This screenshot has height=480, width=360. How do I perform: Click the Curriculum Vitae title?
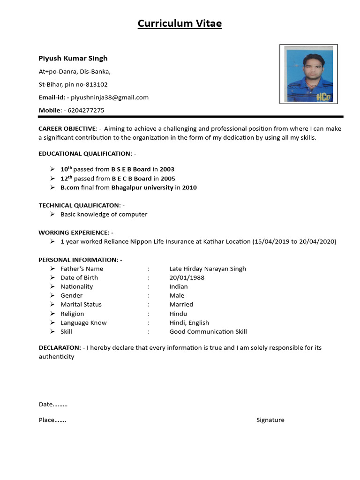[x=180, y=23]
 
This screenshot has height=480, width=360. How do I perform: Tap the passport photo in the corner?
[x=308, y=74]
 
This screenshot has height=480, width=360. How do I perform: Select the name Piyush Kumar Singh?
[x=73, y=58]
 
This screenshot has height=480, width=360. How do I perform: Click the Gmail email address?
[x=109, y=97]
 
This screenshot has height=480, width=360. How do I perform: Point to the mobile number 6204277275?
[x=86, y=111]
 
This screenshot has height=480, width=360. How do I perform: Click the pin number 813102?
[x=97, y=85]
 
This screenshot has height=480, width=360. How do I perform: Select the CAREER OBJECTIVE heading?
[x=67, y=128]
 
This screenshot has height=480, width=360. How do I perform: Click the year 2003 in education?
[x=167, y=169]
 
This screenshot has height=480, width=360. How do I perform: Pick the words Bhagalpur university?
[x=142, y=187]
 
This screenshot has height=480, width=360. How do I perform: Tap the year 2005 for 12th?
[x=168, y=179]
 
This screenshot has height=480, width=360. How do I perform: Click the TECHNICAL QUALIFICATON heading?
[x=79, y=205]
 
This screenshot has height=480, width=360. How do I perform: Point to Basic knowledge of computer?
[x=104, y=214]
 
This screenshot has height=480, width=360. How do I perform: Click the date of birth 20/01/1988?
[x=187, y=277]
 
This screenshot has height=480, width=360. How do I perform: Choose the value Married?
[x=181, y=304]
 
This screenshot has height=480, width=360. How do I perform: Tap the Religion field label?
[x=72, y=314]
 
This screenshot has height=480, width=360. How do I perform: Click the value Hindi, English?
[x=189, y=322]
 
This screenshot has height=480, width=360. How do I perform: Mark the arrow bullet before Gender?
[x=52, y=295]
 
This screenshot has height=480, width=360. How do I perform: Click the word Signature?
[x=270, y=420]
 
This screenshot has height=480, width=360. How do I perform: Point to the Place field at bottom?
[x=52, y=420]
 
